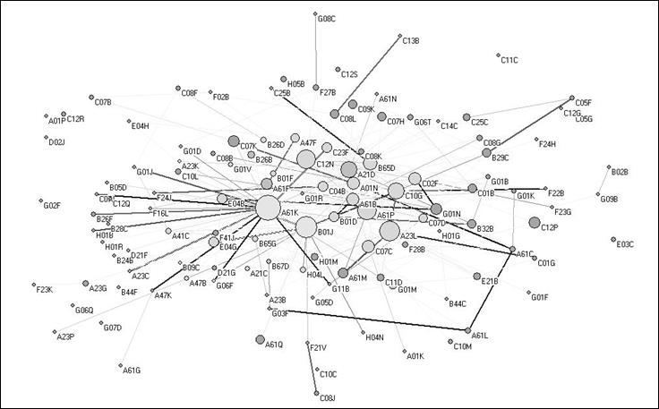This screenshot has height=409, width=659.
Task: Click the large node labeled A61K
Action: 268,208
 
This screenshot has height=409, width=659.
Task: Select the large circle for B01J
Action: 306,227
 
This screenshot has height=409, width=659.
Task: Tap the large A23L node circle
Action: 389,232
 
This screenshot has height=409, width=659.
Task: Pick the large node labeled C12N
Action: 306,159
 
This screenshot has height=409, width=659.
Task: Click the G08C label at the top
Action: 326,18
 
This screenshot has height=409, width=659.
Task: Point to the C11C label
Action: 509,60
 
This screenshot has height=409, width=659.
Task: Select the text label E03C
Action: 625,243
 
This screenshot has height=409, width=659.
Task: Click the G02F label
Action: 52,206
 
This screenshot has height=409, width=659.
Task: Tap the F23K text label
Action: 44,289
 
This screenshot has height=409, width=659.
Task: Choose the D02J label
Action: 56,141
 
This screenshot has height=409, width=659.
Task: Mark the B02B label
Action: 620,171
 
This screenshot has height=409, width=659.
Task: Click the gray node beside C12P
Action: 534,222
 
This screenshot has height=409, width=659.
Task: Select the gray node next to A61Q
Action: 260,339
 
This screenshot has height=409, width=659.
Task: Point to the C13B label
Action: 411,40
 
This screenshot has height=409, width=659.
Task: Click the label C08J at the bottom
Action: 327,397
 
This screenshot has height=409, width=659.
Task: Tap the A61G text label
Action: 132,370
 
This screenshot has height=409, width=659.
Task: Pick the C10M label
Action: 463,345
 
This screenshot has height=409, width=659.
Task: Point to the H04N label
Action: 374,337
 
